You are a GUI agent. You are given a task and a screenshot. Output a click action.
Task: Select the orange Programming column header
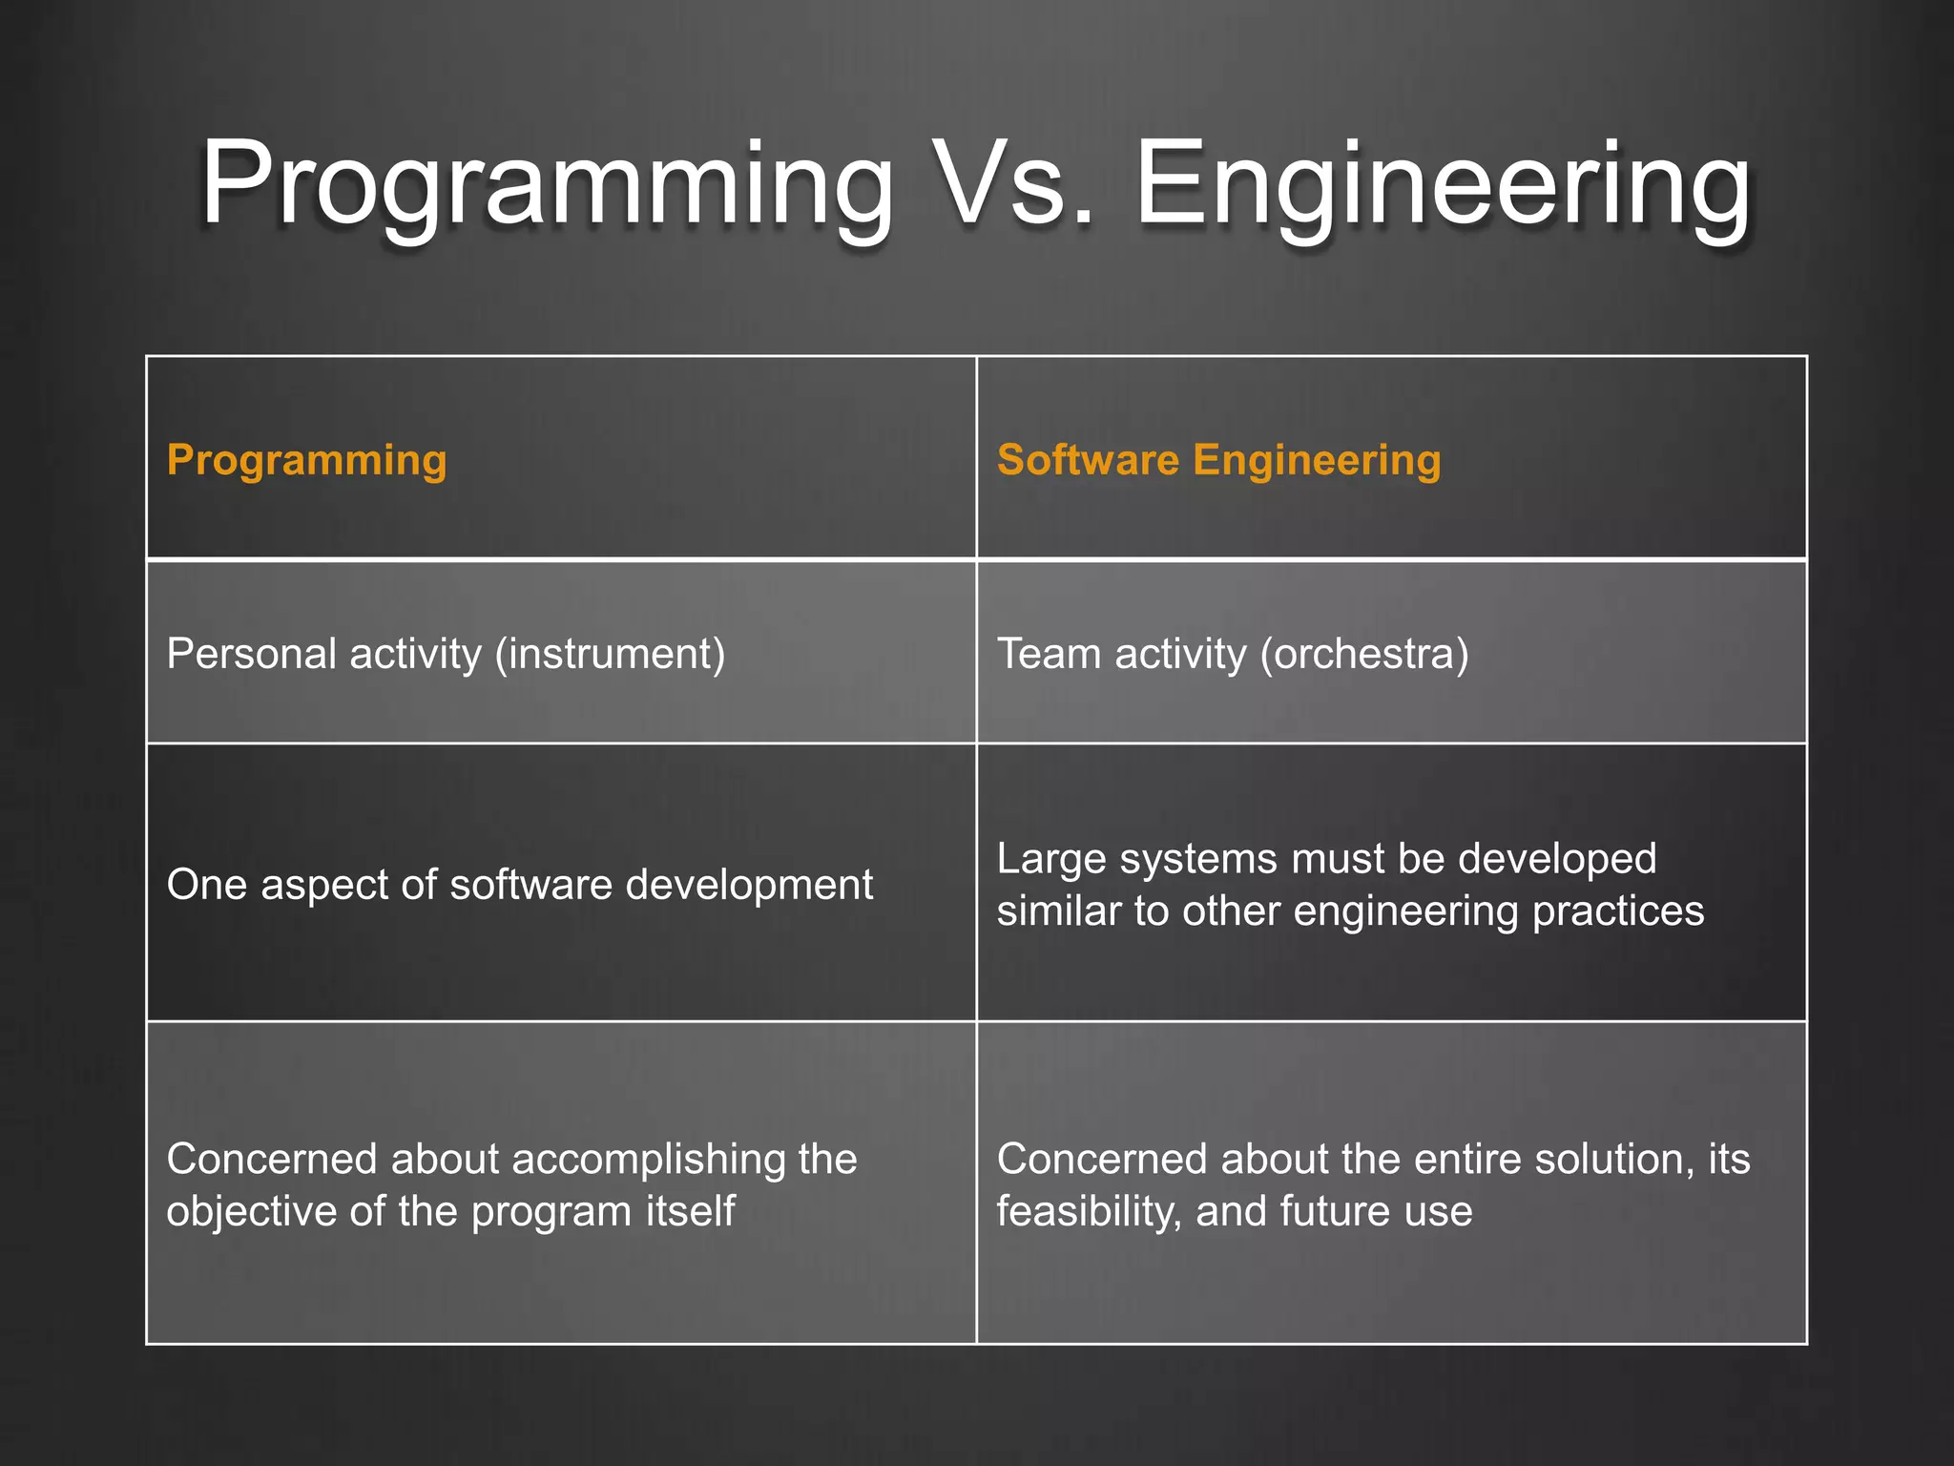click(x=306, y=461)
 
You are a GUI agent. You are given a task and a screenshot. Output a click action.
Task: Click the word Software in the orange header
click(x=1088, y=460)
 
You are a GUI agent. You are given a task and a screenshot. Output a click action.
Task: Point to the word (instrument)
click(x=610, y=655)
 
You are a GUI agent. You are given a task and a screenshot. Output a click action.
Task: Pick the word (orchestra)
click(x=1364, y=655)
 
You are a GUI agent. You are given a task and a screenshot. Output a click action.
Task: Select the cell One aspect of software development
click(x=519, y=885)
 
